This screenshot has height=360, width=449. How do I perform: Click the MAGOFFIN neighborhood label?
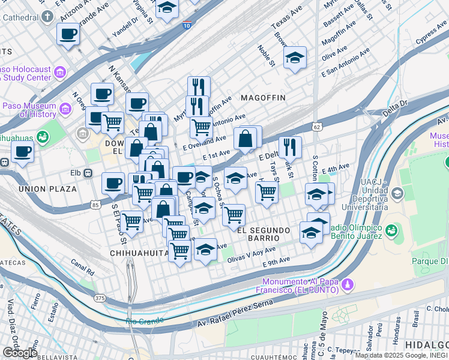(x=262, y=97)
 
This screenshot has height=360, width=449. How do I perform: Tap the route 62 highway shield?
(x=317, y=127)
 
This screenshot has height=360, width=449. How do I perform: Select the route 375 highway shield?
(x=100, y=298)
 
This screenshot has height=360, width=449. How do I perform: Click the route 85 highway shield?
(x=95, y=205)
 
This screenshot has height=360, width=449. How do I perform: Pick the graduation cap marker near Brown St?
(x=295, y=58)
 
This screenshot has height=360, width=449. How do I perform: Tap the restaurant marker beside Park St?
(x=290, y=146)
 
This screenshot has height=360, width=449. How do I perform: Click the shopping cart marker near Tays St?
(x=266, y=193)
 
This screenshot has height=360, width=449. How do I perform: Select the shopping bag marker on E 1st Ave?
(x=246, y=139)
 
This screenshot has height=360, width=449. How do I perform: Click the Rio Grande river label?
(x=143, y=321)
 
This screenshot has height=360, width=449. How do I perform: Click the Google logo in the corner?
(x=20, y=352)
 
